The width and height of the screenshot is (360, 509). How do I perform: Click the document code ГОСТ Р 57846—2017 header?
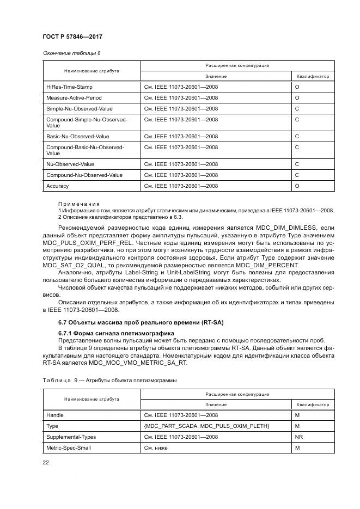[x=72, y=36]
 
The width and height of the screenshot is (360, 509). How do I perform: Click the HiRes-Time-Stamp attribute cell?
[x=69, y=87]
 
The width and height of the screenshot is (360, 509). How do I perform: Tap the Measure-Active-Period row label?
[x=74, y=97]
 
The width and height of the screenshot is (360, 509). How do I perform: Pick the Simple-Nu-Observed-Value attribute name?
[x=79, y=108]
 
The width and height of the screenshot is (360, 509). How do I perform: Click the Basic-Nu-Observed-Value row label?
[x=77, y=136]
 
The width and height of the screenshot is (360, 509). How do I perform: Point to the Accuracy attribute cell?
[x=58, y=186]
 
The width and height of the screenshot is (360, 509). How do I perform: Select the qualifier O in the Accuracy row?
[x=297, y=186]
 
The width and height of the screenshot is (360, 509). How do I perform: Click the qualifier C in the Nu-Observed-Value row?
[x=297, y=164]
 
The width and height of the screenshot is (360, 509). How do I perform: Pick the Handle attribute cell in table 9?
[x=55, y=415]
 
